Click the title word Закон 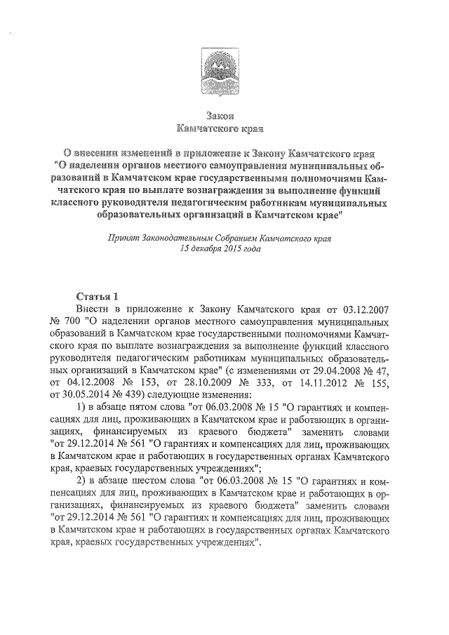pos(223,115)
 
